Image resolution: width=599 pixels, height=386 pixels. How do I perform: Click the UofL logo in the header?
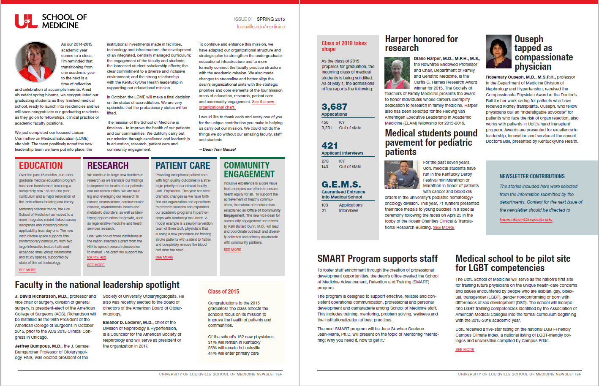point(26,21)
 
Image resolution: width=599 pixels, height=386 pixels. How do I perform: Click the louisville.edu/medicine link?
point(261,27)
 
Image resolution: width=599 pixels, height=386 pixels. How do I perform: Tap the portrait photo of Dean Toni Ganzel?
point(35,62)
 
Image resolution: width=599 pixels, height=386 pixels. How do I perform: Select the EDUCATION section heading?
point(41,166)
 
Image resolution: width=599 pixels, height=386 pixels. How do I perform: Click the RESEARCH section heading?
point(108,166)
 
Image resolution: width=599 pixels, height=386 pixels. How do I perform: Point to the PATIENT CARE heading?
point(182,166)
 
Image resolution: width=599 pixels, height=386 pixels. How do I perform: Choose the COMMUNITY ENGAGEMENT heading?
point(249,170)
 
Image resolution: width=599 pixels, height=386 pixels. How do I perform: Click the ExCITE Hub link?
point(96,257)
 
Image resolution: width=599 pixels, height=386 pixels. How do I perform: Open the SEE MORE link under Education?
point(27,270)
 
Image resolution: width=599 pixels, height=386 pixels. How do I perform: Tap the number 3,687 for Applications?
point(334,107)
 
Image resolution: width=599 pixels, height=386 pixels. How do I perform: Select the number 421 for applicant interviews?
point(329,145)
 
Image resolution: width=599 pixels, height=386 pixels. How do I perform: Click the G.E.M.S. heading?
point(341,185)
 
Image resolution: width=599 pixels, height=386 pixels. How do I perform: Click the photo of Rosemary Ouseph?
point(498,52)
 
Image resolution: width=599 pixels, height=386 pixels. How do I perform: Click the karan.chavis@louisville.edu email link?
point(526,220)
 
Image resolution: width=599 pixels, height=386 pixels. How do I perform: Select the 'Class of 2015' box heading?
point(223,291)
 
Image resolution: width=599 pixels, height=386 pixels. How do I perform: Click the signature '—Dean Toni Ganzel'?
point(217,149)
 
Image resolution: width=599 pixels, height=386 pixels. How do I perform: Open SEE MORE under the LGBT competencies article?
point(465,350)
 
